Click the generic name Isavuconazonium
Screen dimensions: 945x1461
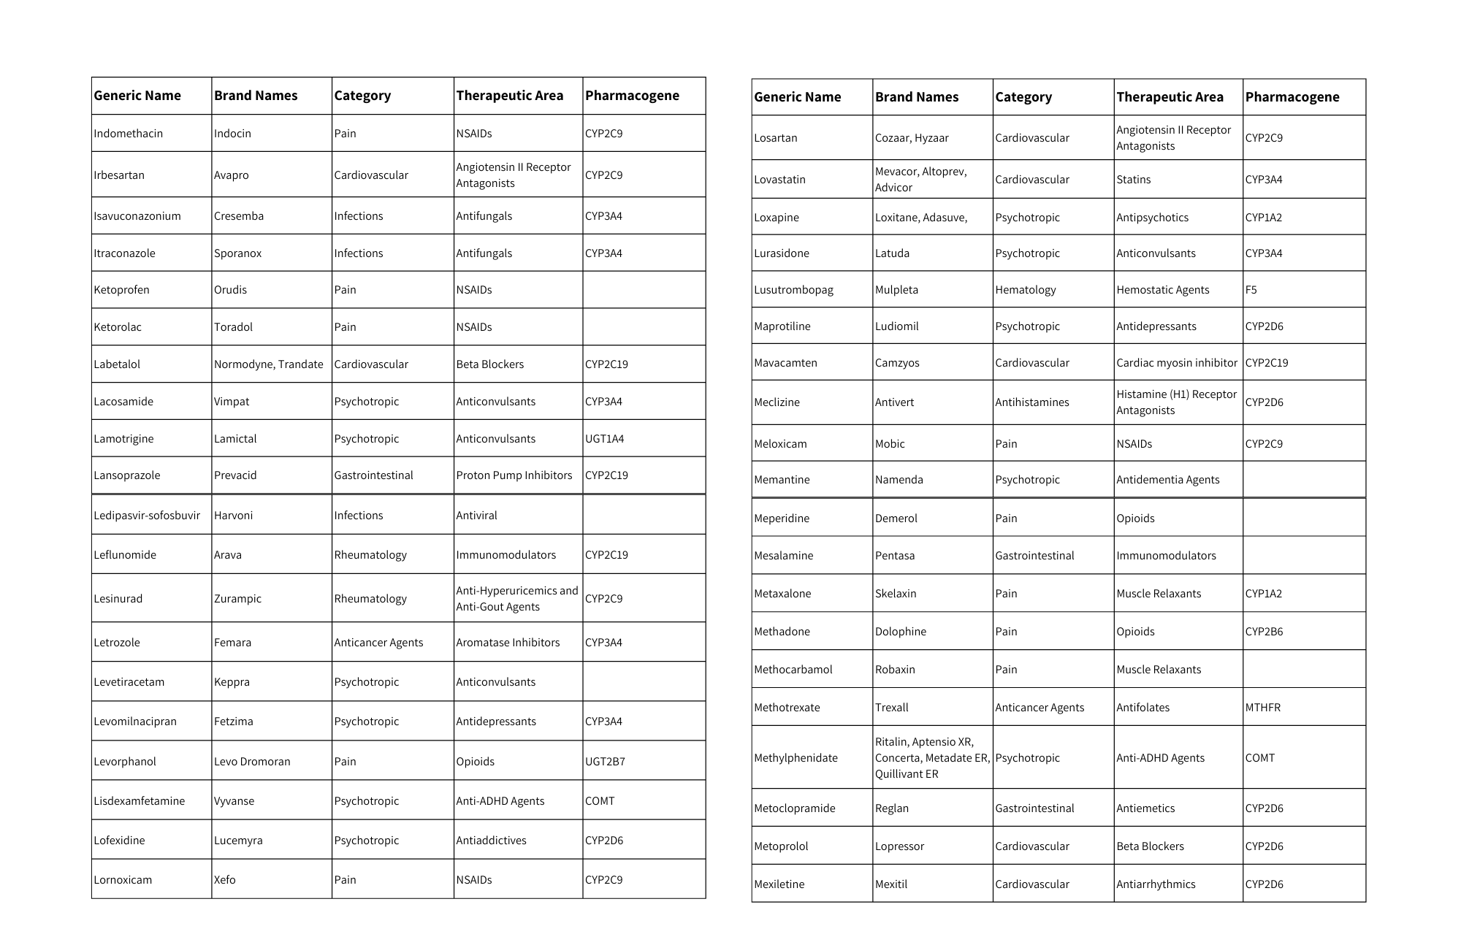click(137, 216)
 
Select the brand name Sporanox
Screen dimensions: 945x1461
click(237, 253)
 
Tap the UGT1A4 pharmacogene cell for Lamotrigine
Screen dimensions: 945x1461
click(604, 439)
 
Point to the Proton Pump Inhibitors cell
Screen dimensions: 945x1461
click(514, 475)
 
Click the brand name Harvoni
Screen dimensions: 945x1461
click(233, 516)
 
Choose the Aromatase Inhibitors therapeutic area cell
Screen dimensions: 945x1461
click(508, 643)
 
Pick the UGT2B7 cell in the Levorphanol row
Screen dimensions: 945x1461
click(605, 762)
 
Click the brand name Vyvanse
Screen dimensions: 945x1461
click(234, 801)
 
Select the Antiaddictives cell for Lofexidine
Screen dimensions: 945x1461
click(491, 841)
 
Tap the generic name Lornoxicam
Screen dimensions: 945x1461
click(123, 880)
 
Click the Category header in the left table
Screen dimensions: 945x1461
click(362, 96)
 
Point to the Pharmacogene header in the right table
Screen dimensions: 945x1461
click(1292, 97)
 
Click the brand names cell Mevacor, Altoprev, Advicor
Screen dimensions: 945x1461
click(920, 180)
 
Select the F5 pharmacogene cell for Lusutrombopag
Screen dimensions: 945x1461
click(1251, 290)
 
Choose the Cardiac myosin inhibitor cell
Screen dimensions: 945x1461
click(1176, 363)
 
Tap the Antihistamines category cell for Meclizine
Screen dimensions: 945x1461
click(1031, 402)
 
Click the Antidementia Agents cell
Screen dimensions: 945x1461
click(1167, 480)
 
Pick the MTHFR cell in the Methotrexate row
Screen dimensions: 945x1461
click(1262, 708)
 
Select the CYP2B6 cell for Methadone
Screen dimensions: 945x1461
click(1264, 632)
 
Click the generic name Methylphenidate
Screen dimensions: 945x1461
click(796, 758)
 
